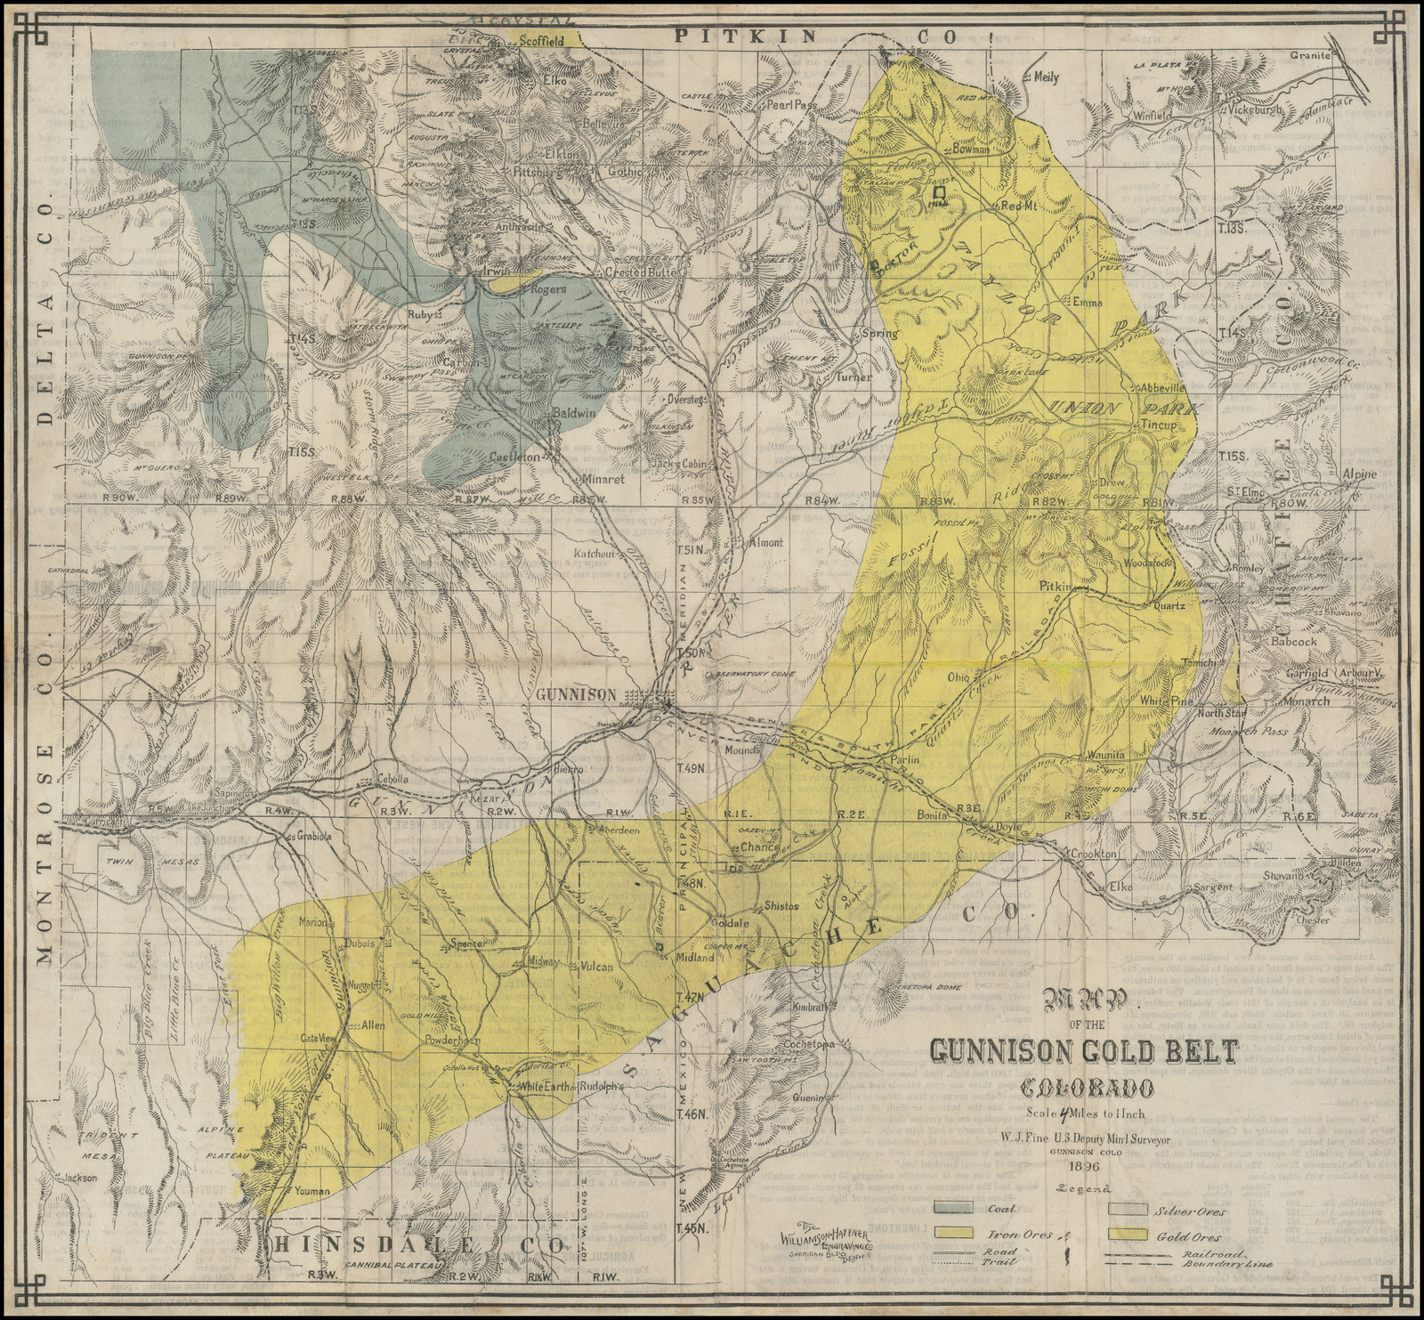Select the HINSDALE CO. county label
coord(418,1243)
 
